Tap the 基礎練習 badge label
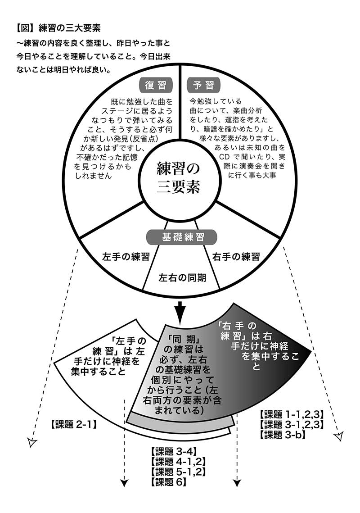click(182, 236)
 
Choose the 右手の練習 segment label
click(236, 257)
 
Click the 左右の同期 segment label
click(182, 277)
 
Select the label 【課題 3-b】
click(282, 435)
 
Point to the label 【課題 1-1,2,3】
click(292, 414)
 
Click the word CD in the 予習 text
click(225, 156)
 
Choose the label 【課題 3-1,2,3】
click(292, 425)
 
